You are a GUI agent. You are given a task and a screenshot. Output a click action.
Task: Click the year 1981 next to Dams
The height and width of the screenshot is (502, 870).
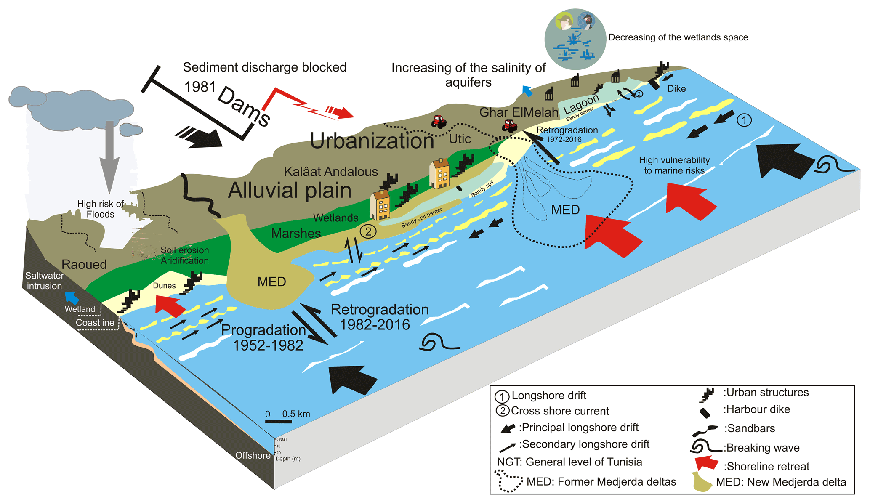pyautogui.click(x=200, y=87)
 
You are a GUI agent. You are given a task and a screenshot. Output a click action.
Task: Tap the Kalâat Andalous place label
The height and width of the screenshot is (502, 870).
pyautogui.click(x=331, y=172)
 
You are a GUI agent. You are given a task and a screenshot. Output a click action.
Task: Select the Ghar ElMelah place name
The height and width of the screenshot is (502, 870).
pyautogui.click(x=519, y=112)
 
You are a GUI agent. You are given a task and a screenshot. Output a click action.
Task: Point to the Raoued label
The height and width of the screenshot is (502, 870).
pyautogui.click(x=84, y=265)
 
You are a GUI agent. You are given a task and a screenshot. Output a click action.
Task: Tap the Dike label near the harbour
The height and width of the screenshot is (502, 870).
pyautogui.click(x=676, y=89)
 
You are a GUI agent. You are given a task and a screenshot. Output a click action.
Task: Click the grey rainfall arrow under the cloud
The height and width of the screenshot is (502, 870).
pyautogui.click(x=109, y=156)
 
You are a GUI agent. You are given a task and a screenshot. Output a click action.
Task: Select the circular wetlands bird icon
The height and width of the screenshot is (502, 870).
pyautogui.click(x=575, y=39)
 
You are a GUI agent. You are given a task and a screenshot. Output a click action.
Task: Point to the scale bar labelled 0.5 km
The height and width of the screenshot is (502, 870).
pyautogui.click(x=278, y=421)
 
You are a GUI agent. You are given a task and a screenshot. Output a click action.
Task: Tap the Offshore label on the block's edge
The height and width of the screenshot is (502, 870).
pyautogui.click(x=253, y=456)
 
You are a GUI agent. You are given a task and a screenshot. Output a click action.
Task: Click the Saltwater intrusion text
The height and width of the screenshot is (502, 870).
pyautogui.click(x=44, y=281)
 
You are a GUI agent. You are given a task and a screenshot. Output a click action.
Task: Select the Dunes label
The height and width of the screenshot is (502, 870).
pyautogui.click(x=164, y=286)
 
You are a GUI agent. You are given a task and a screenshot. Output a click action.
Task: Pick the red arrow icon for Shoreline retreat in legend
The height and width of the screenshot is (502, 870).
pyautogui.click(x=707, y=463)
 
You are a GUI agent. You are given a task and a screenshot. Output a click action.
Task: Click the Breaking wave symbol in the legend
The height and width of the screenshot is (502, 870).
pyautogui.click(x=706, y=446)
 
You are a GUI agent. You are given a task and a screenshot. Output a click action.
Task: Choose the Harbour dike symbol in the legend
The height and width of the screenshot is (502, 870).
pyautogui.click(x=705, y=413)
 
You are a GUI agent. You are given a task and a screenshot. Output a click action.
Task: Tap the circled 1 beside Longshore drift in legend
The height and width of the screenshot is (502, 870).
pyautogui.click(x=502, y=396)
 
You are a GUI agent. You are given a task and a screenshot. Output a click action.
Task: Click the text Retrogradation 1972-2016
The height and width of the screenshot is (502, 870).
pyautogui.click(x=567, y=134)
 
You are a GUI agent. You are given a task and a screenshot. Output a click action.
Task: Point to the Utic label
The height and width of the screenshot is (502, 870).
pyautogui.click(x=460, y=139)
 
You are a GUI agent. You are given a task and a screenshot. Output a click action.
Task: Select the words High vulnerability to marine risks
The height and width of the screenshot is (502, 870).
pyautogui.click(x=674, y=165)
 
